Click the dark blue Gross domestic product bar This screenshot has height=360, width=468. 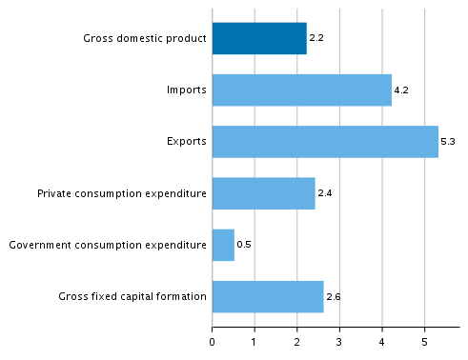pyautogui.click(x=259, y=39)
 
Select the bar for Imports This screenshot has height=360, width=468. pyautogui.click(x=301, y=90)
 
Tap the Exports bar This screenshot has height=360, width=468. pyautogui.click(x=325, y=142)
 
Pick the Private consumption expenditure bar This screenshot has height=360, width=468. pyautogui.click(x=263, y=193)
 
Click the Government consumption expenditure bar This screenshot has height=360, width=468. pyautogui.click(x=223, y=245)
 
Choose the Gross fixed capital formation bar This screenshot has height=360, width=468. pyautogui.click(x=268, y=296)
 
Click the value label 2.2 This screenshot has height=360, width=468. pyautogui.click(x=316, y=39)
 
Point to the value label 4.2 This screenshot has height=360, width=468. pyautogui.click(x=401, y=91)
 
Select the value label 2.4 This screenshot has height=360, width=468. pyautogui.click(x=324, y=194)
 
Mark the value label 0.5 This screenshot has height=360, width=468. pyautogui.click(x=243, y=246)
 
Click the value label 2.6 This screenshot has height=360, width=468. pyautogui.click(x=333, y=297)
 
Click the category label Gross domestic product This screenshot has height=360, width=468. pyautogui.click(x=145, y=39)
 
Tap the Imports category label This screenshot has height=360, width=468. pyautogui.click(x=187, y=91)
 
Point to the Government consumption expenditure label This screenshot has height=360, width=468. pyautogui.click(x=108, y=246)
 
